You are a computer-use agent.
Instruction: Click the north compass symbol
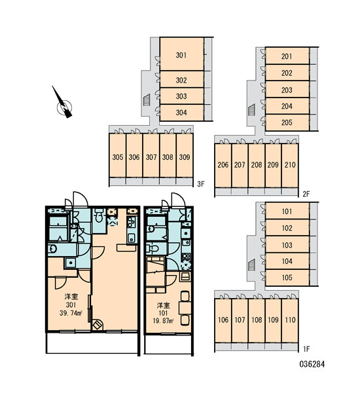tap(64, 107)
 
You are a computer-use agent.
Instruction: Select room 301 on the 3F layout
tap(181, 54)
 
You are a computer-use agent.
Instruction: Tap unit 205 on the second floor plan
tap(287, 122)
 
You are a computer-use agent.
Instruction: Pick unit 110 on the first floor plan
tap(290, 320)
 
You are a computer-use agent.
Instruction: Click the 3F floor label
tap(201, 184)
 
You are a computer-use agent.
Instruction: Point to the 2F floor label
tap(306, 194)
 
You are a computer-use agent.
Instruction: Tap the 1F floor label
tap(306, 349)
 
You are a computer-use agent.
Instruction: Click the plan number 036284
tap(312, 364)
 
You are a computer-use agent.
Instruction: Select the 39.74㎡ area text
tap(71, 313)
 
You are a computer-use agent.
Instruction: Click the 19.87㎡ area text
tap(163, 321)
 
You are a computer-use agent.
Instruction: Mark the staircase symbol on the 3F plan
tap(147, 100)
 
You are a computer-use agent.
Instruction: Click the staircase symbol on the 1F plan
tap(251, 265)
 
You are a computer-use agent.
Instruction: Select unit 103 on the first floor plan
tap(287, 244)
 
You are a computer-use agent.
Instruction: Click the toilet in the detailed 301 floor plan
tap(99, 215)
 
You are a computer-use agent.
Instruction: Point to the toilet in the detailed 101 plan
tap(153, 248)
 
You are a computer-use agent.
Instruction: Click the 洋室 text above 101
tap(164, 305)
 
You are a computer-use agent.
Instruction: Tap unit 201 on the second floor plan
tap(287, 56)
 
